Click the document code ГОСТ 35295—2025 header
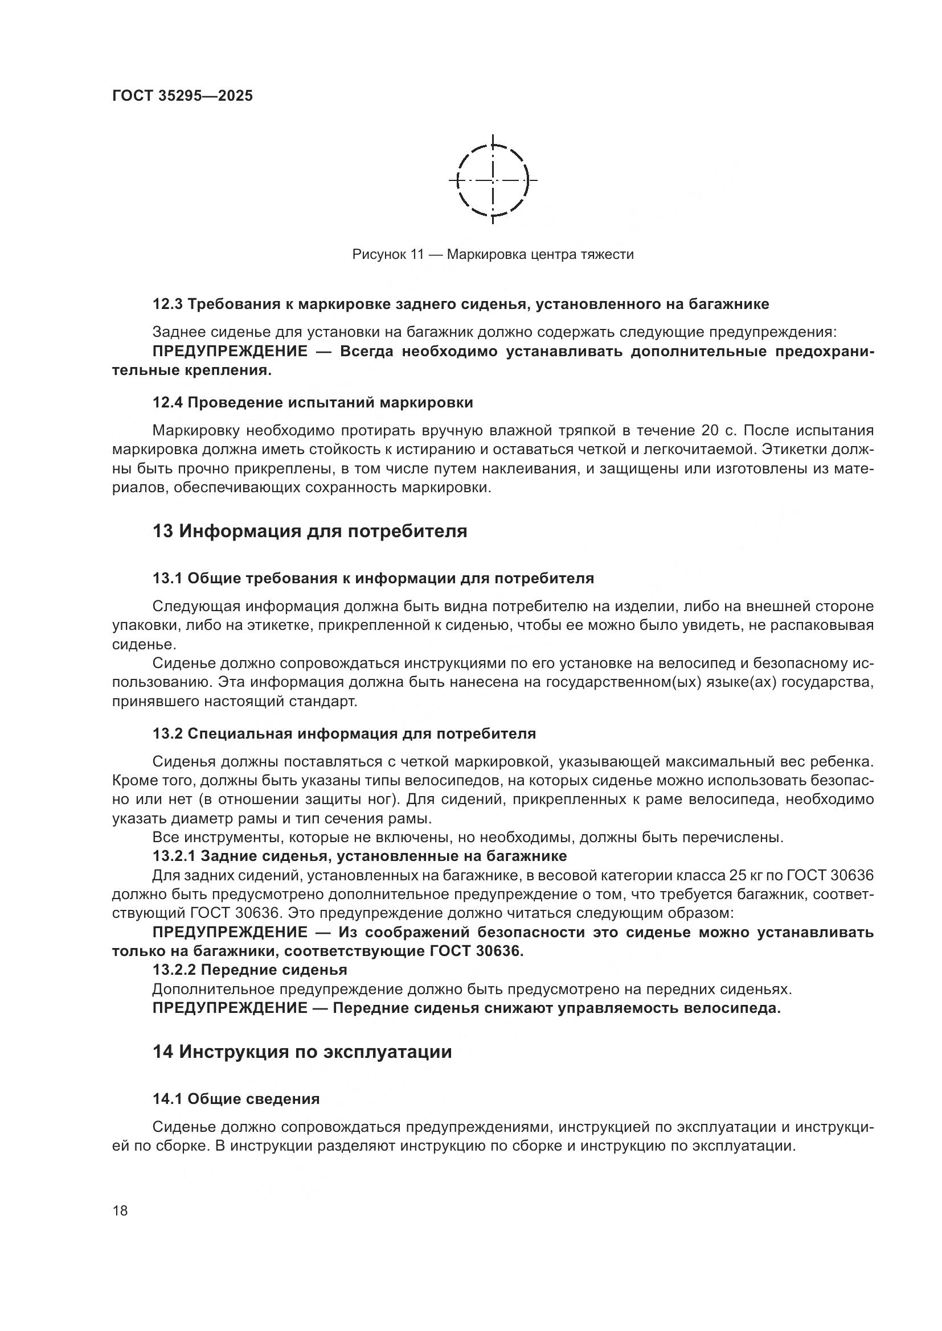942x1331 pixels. (x=182, y=96)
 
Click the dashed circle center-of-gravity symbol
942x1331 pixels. (x=493, y=180)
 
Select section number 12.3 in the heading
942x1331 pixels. (x=167, y=304)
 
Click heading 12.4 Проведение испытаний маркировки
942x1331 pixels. (x=313, y=402)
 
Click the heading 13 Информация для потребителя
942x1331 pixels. (x=310, y=530)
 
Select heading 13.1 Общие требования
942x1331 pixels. (x=373, y=578)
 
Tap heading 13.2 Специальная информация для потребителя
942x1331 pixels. (x=344, y=734)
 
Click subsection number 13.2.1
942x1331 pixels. (x=175, y=856)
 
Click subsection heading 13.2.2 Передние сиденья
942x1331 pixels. (x=249, y=970)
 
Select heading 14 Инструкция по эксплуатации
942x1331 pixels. (x=302, y=1051)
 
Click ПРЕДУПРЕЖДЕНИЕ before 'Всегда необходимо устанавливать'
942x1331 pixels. (x=230, y=351)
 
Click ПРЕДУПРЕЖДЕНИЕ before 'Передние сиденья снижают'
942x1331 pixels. (x=230, y=1008)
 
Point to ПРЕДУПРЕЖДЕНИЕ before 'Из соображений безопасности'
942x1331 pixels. (x=230, y=932)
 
